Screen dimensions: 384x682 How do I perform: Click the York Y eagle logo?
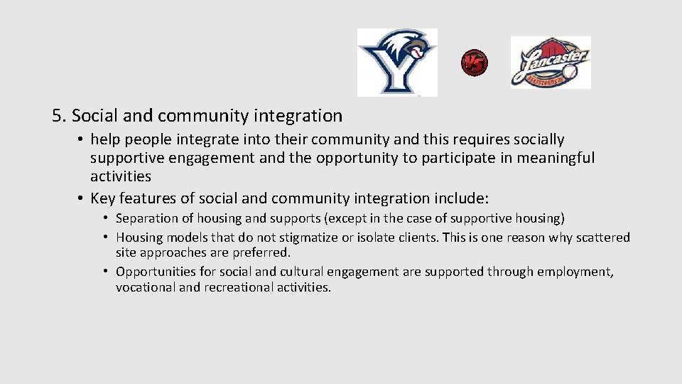[396, 63]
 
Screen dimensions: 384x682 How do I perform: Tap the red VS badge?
[474, 63]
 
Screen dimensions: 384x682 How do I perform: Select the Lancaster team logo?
[551, 63]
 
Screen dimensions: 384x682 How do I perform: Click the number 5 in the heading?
[57, 115]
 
